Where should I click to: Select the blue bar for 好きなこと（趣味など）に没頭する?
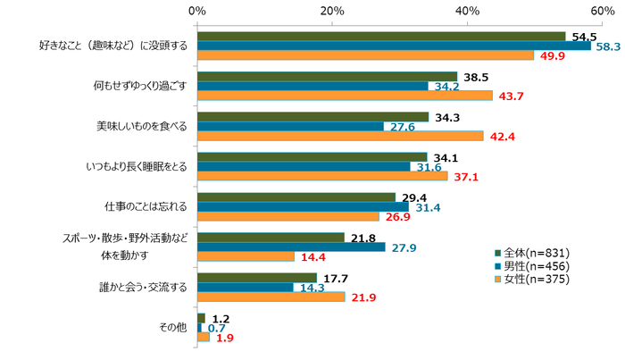point(394,46)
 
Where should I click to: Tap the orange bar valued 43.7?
point(345,96)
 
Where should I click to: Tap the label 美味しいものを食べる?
point(142,126)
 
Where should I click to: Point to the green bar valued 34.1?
point(312,156)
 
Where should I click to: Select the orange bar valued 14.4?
point(246,256)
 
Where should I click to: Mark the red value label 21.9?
point(360,297)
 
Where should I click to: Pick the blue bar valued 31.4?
point(303,206)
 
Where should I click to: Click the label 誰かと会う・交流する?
point(142,287)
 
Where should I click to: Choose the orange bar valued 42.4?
point(340,136)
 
